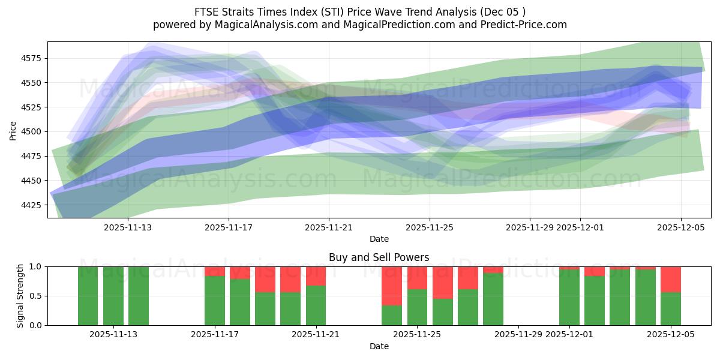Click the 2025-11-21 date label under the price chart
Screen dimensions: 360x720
[x=329, y=227]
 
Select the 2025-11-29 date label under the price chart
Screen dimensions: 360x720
[x=530, y=227]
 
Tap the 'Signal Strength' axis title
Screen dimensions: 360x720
[x=20, y=296]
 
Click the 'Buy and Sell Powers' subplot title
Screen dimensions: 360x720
[x=379, y=257]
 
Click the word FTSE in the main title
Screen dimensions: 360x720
[x=207, y=12]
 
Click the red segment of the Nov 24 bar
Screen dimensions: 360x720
[x=392, y=286]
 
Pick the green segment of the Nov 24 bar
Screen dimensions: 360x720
[x=392, y=315]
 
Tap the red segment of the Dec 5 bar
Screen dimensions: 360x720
[x=670, y=279]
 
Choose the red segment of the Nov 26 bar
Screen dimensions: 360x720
[x=442, y=282]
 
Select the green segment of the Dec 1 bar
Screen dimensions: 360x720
[x=569, y=298]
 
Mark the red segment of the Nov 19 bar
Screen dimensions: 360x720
[x=265, y=279]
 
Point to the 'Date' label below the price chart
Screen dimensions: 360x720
[x=379, y=239]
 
